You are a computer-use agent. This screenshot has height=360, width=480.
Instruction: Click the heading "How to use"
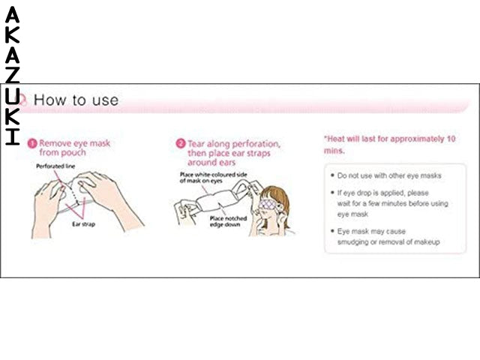point(76,99)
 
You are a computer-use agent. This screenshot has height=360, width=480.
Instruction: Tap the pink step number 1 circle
point(32,142)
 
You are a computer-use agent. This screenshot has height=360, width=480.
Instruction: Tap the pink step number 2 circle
point(181,142)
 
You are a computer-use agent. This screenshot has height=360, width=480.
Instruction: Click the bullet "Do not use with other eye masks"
point(389,175)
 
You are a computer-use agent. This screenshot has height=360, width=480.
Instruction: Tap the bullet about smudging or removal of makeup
point(388,237)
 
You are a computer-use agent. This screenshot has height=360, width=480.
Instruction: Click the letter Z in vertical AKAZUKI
point(13,74)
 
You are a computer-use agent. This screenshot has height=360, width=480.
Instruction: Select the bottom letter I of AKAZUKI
point(13,136)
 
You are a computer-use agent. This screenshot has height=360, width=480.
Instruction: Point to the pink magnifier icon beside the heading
point(22,99)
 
